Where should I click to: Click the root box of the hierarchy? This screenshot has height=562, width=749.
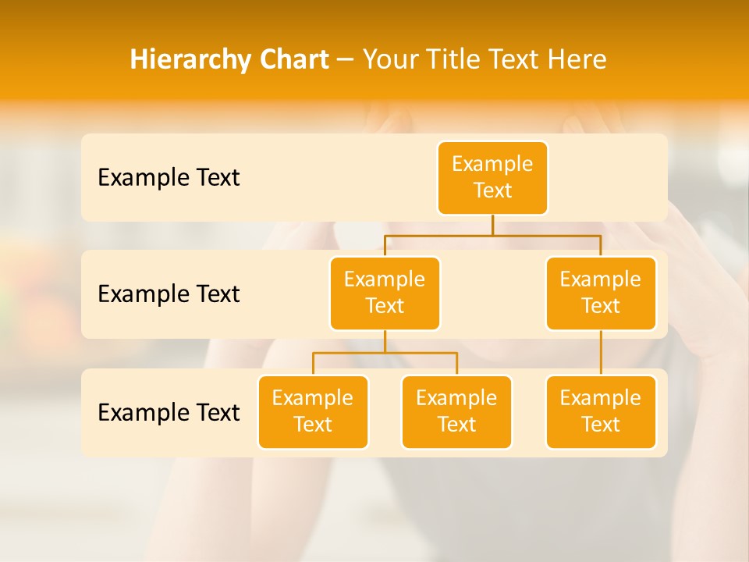[x=492, y=177]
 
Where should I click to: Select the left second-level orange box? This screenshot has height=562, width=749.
[x=385, y=293]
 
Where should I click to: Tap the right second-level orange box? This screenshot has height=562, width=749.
[x=601, y=293]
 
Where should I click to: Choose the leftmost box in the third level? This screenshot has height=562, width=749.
[x=313, y=411]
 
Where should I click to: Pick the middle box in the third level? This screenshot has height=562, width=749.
[x=456, y=411]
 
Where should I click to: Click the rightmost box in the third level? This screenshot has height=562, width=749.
[x=601, y=411]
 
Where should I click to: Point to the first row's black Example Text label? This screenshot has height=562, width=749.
[x=169, y=178]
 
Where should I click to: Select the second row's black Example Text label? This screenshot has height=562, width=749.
[x=169, y=294]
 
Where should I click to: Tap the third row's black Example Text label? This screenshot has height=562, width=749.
[x=169, y=412]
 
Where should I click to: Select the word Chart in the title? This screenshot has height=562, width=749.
[x=292, y=59]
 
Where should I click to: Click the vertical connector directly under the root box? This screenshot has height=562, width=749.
[x=492, y=225]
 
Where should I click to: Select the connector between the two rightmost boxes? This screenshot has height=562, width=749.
[x=601, y=353]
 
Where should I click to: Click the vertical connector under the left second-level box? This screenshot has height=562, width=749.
[x=385, y=342]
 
